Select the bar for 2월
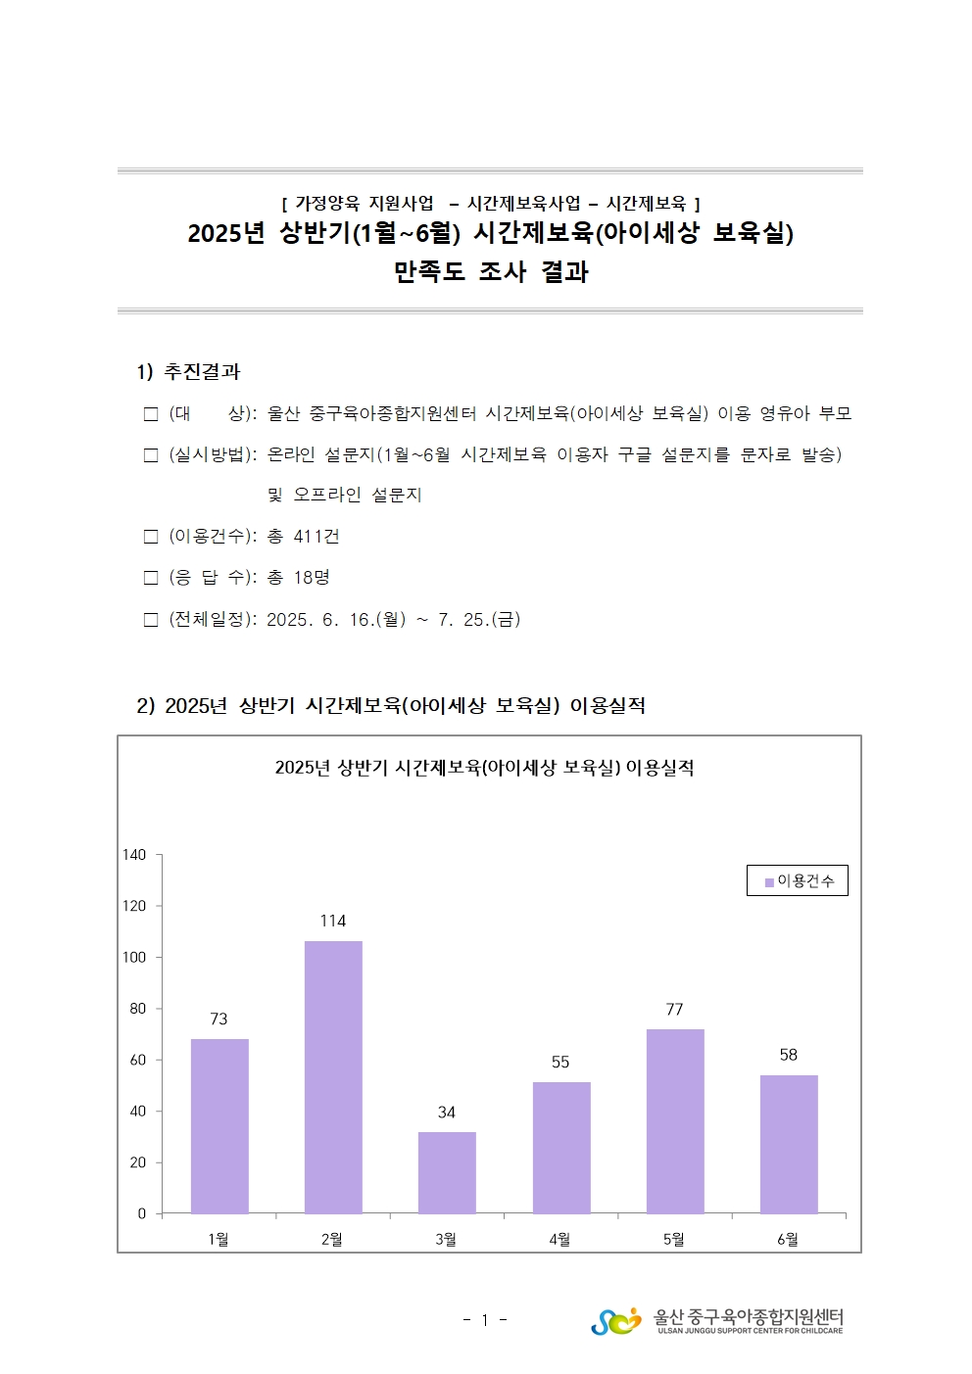coord(333,1077)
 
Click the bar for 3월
coord(447,1172)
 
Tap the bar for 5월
coord(675,1121)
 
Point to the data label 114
coord(333,921)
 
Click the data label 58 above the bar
coord(789,1055)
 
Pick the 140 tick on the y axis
coord(134,855)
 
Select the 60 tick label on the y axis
coord(137,1060)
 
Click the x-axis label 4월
coord(560,1240)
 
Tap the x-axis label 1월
coord(219,1240)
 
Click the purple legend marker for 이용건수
coord(769,882)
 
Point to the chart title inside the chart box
coord(484,768)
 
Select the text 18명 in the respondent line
coord(312,578)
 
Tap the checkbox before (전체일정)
coord(151,620)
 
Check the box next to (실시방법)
coord(151,455)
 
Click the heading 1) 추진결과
coord(188,372)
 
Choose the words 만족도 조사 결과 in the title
coord(490,272)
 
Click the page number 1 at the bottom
coord(484,1320)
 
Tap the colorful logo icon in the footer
coord(615,1321)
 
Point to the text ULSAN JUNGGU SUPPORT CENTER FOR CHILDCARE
coord(750,1331)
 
